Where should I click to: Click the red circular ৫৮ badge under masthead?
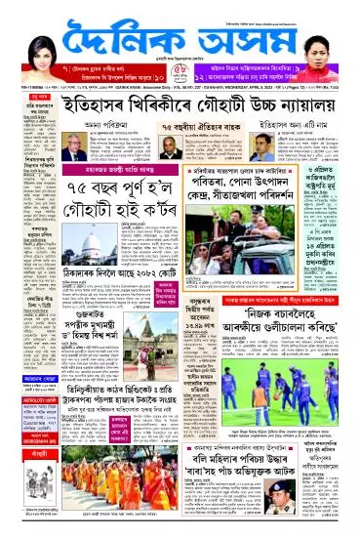[171, 71]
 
